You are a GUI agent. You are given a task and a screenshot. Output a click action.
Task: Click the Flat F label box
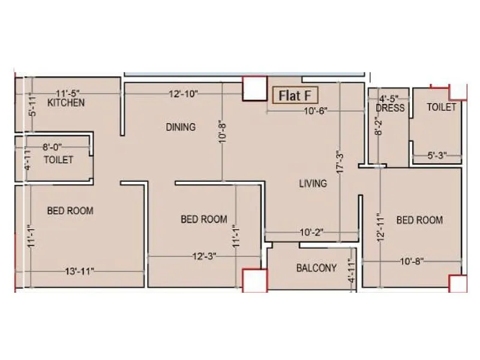pyautogui.click(x=295, y=95)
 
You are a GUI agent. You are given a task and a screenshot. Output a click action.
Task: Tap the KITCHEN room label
pyautogui.click(x=66, y=103)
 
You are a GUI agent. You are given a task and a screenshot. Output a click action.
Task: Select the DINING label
pyautogui.click(x=181, y=127)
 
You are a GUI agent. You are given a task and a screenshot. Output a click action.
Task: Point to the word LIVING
pyautogui.click(x=313, y=184)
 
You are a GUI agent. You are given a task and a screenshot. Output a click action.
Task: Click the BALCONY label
pyautogui.click(x=316, y=268)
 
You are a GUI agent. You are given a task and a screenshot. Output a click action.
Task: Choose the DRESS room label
pyautogui.click(x=390, y=108)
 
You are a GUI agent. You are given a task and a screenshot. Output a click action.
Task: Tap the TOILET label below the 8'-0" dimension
pyautogui.click(x=58, y=160)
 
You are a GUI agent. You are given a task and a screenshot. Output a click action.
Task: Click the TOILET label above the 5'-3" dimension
pyautogui.click(x=441, y=107)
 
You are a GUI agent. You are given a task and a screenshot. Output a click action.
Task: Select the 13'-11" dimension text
pyautogui.click(x=78, y=272)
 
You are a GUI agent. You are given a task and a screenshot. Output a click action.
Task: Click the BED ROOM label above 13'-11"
pyautogui.click(x=70, y=211)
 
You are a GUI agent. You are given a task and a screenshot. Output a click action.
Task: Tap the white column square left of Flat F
pyautogui.click(x=254, y=88)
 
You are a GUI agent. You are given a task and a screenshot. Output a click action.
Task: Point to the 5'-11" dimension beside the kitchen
pyautogui.click(x=32, y=106)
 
